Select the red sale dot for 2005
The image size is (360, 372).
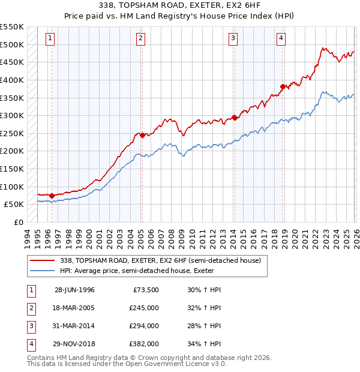coord(142,136)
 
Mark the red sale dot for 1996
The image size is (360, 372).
coord(52,196)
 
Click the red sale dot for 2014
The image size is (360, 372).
coord(235,118)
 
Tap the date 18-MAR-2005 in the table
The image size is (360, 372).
coord(74,308)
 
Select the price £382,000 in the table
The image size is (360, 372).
coord(144,344)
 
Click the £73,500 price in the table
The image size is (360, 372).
coord(144,290)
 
